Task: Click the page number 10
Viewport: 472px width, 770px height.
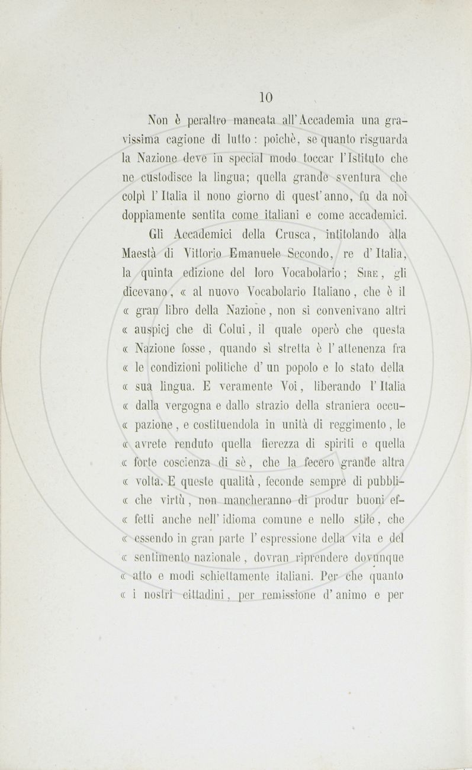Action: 266,97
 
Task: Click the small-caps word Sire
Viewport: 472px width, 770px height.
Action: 361,274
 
